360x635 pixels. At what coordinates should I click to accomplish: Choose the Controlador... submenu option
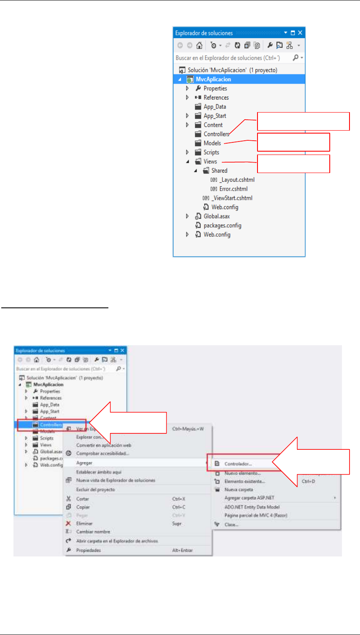[238, 464]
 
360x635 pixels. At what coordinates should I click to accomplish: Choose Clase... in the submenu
[231, 524]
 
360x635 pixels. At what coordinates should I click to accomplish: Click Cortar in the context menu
[83, 499]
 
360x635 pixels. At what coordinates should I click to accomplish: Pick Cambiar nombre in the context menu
[93, 532]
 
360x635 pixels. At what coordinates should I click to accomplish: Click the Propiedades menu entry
[88, 550]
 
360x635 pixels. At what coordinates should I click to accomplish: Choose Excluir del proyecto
[95, 489]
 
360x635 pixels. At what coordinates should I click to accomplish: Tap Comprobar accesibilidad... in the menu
[102, 453]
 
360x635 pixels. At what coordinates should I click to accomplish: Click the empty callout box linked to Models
[293, 142]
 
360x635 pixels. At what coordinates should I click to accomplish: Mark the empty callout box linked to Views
[293, 163]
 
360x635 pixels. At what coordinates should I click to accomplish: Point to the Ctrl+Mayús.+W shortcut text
[188, 429]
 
